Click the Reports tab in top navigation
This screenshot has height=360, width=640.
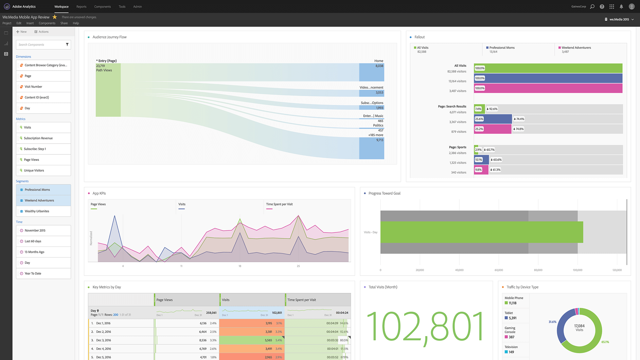click(x=81, y=7)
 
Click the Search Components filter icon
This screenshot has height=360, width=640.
click(x=67, y=45)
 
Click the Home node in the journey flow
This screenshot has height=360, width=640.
click(x=371, y=72)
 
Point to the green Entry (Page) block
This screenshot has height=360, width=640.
click(x=108, y=90)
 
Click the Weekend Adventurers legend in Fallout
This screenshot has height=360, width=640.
click(x=576, y=48)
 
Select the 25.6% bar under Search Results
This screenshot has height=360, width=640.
click(x=493, y=119)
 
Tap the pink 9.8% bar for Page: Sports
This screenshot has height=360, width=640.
click(x=481, y=170)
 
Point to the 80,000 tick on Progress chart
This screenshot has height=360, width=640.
click(x=538, y=270)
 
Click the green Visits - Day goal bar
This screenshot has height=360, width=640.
click(x=481, y=232)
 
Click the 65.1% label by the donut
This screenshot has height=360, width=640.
click(x=605, y=342)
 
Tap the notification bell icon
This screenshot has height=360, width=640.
click(x=621, y=7)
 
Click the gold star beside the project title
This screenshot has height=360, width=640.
click(x=55, y=17)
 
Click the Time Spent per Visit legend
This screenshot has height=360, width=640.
click(x=279, y=204)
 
